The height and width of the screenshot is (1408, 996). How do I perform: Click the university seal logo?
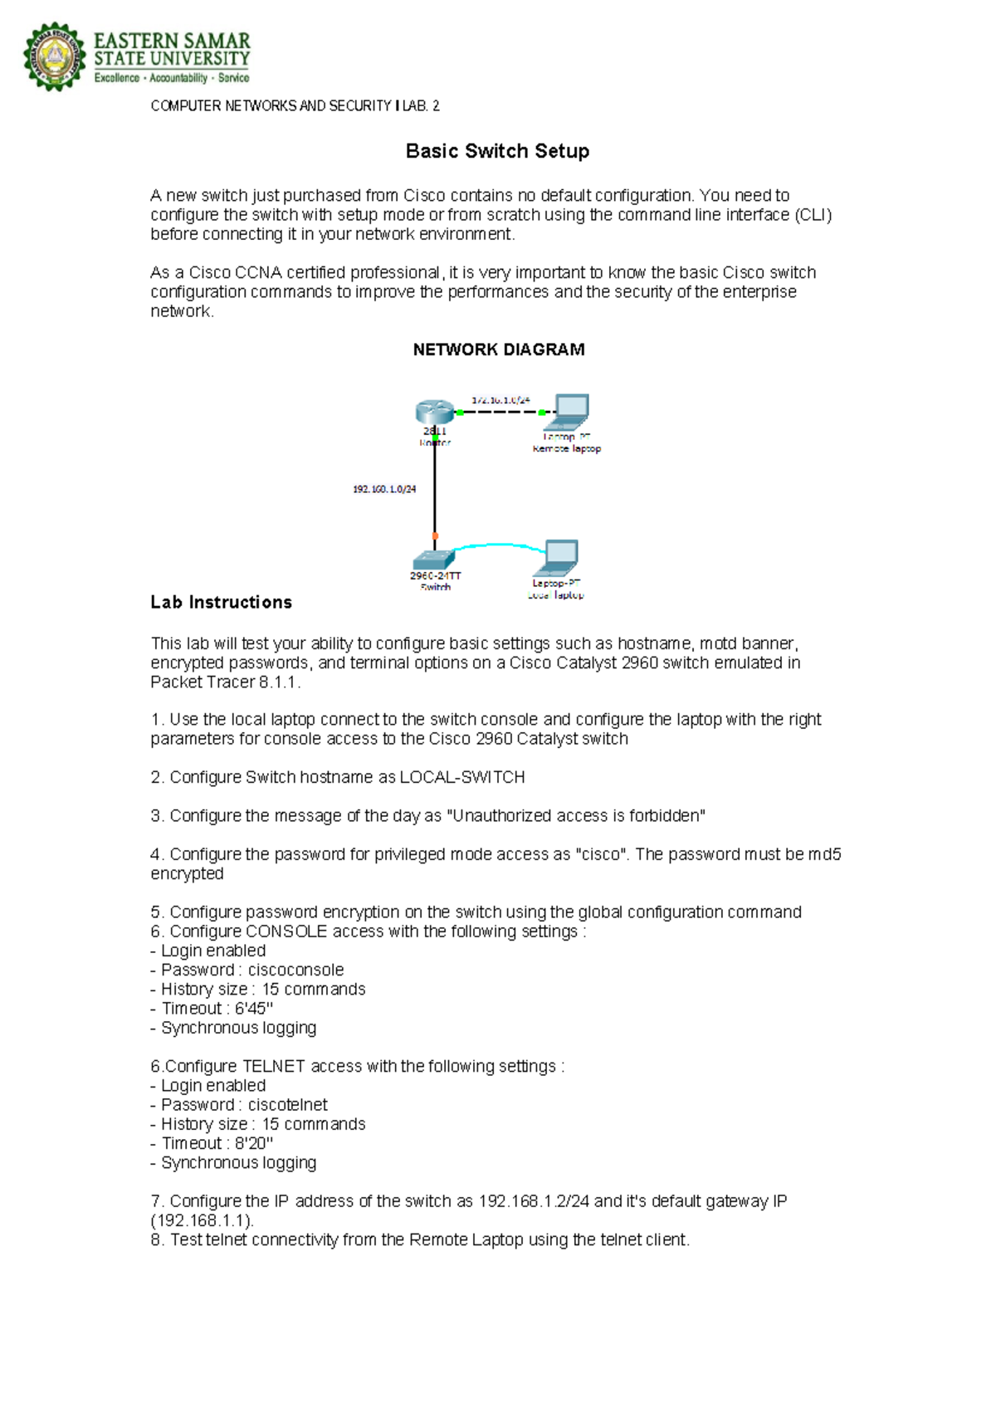point(54,57)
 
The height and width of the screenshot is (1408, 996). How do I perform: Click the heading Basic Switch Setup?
point(497,151)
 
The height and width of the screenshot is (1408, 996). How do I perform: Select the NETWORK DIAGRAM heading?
point(499,350)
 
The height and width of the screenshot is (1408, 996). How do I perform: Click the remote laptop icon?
point(571,409)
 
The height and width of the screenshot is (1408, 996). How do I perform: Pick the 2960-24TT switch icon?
point(433,558)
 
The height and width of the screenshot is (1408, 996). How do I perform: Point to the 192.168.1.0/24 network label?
point(384,489)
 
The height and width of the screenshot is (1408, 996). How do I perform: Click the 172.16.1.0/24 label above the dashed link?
point(500,400)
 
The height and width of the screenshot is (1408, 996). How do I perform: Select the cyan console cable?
point(498,545)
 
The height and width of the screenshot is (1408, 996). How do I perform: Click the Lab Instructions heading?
point(221,603)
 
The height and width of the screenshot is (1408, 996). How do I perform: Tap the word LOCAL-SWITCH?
point(462,777)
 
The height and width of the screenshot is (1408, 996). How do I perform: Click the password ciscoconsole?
point(295,970)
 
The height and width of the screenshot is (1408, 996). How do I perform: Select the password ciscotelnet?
point(287,1105)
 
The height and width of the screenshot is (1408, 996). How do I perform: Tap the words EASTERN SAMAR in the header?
point(172,41)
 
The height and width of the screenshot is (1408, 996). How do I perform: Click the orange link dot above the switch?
point(435,536)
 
